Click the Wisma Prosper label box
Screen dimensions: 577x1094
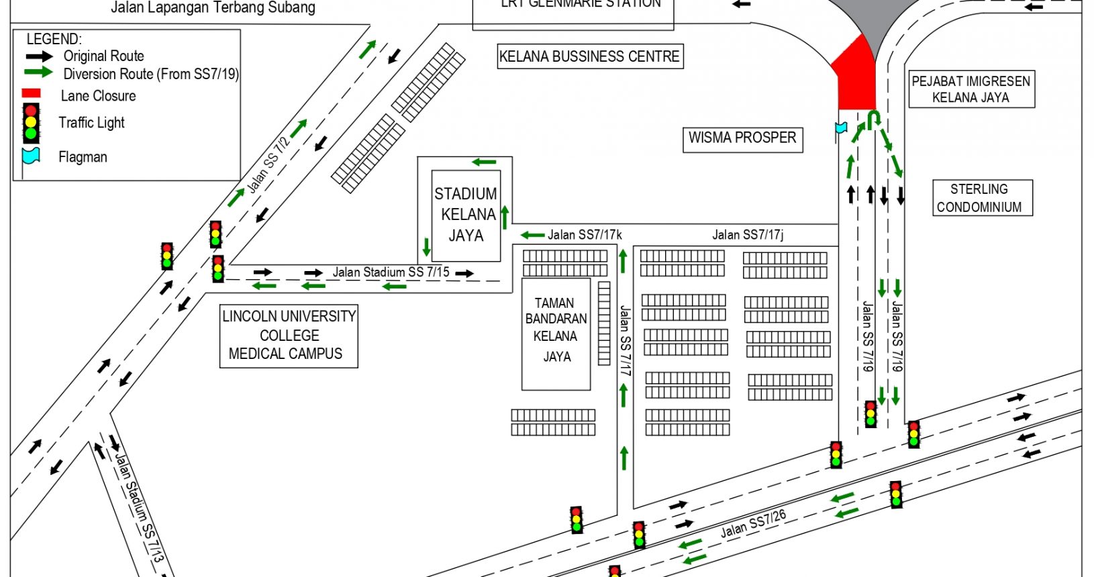(742, 139)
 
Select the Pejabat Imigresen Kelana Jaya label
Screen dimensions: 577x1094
(971, 89)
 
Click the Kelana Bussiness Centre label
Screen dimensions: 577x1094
(589, 57)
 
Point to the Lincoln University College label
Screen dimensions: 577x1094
(289, 335)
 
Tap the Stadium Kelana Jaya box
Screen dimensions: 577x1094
(466, 215)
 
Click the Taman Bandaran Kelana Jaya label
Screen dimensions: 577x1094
(556, 329)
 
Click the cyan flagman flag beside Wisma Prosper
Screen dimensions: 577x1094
(841, 127)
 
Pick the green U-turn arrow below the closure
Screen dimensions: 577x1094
(873, 120)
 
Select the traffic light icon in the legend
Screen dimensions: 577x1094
(31, 123)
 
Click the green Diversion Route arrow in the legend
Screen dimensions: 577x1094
(38, 72)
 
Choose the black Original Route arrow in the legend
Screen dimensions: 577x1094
(38, 56)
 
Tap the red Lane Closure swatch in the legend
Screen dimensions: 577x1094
(31, 94)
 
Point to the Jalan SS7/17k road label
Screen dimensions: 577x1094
(585, 235)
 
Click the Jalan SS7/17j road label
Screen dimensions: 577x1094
(748, 235)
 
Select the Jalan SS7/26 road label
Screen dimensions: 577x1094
(753, 524)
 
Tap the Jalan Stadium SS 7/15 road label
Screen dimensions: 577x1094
(391, 272)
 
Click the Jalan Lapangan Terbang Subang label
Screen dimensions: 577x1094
(213, 8)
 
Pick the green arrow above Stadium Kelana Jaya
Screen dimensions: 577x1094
(484, 162)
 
